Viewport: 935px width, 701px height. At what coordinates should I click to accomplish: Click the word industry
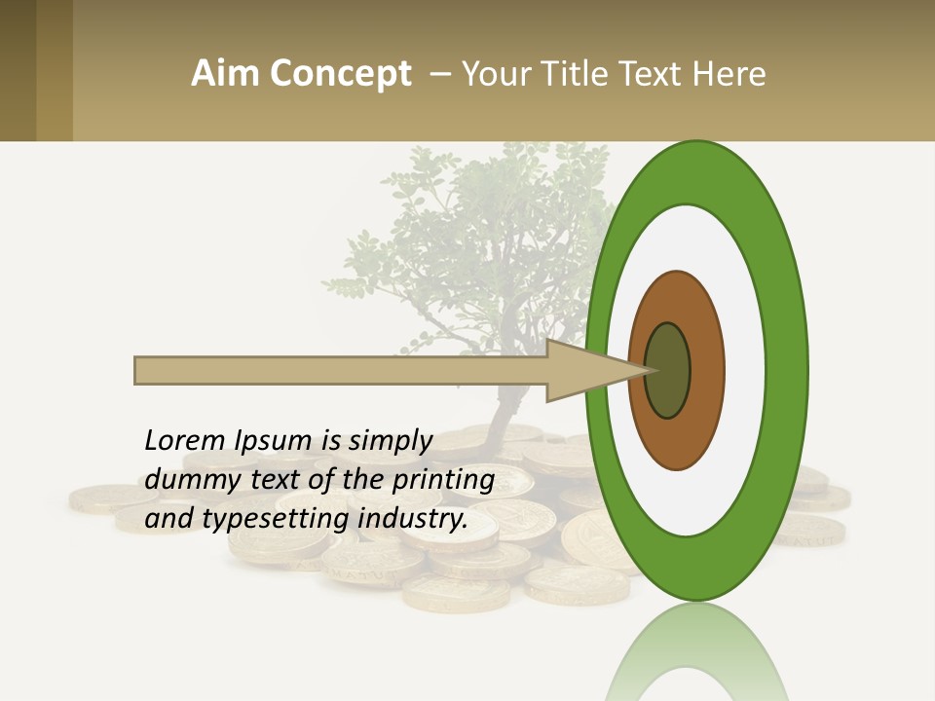413,519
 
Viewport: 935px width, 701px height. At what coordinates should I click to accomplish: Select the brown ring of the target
703,370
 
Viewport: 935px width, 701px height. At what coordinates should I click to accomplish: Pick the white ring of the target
750,370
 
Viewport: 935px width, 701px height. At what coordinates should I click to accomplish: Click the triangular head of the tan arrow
584,370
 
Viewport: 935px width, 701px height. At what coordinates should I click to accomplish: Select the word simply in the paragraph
390,442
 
